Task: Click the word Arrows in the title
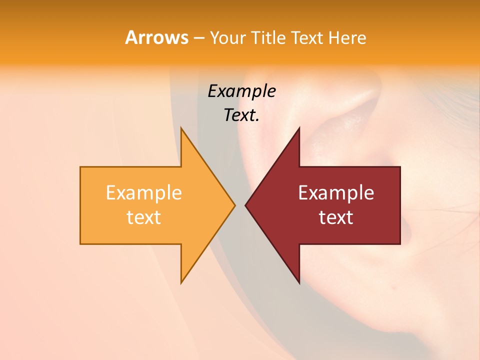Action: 156,37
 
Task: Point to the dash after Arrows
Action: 198,38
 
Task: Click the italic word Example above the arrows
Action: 241,91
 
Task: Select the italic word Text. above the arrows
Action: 241,115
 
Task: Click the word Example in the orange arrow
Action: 144,193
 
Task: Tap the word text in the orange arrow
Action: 144,217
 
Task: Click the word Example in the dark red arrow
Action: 336,193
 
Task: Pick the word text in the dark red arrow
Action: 336,217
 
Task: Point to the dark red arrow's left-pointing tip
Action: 246,205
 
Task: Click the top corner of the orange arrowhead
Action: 181,128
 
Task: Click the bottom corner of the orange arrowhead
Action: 181,282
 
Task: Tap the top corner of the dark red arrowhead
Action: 299,128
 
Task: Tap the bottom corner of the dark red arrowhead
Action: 299,282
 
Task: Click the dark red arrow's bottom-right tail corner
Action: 399,243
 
